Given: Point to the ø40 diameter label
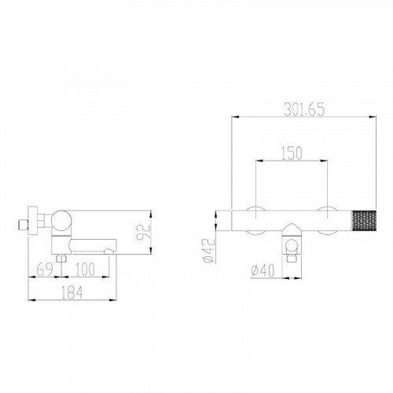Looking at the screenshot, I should click(263, 271).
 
